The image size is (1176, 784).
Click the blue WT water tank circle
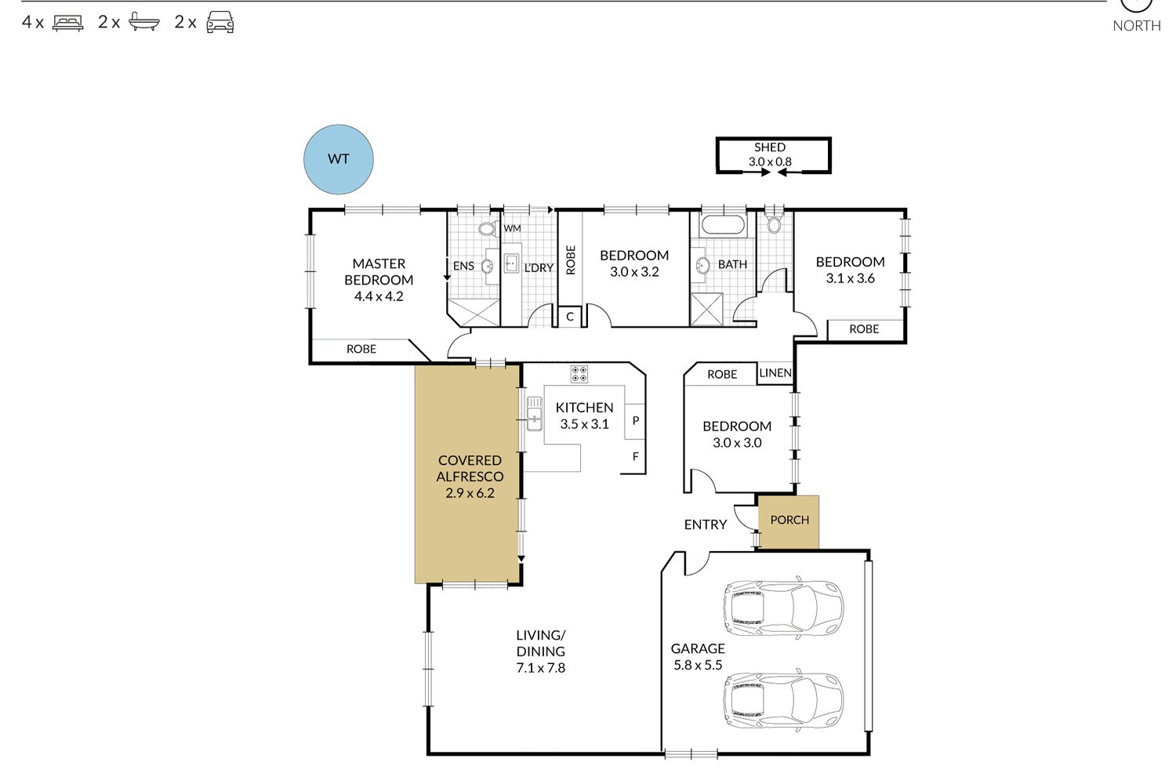point(339,159)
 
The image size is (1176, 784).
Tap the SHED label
point(770,147)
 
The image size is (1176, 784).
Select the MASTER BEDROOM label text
point(379,271)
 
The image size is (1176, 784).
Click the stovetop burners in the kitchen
point(579,374)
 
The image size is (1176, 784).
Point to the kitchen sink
point(535,414)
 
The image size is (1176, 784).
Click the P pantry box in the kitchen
point(635,421)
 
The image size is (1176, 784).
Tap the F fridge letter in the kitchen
point(636,457)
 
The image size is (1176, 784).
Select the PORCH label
point(789,520)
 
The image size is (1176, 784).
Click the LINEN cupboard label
point(775,373)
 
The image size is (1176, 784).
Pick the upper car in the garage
point(783,608)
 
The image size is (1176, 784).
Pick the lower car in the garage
point(783,701)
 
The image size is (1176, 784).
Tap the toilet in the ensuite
point(487,228)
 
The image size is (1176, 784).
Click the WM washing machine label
point(513,228)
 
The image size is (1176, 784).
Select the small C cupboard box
point(570,318)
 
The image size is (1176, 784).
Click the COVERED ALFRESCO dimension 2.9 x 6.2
point(470,493)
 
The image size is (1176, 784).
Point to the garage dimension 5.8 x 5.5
point(698,665)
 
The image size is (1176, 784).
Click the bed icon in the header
point(67,23)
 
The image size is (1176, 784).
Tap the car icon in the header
point(220,23)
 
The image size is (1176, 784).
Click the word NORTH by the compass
point(1137,26)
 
